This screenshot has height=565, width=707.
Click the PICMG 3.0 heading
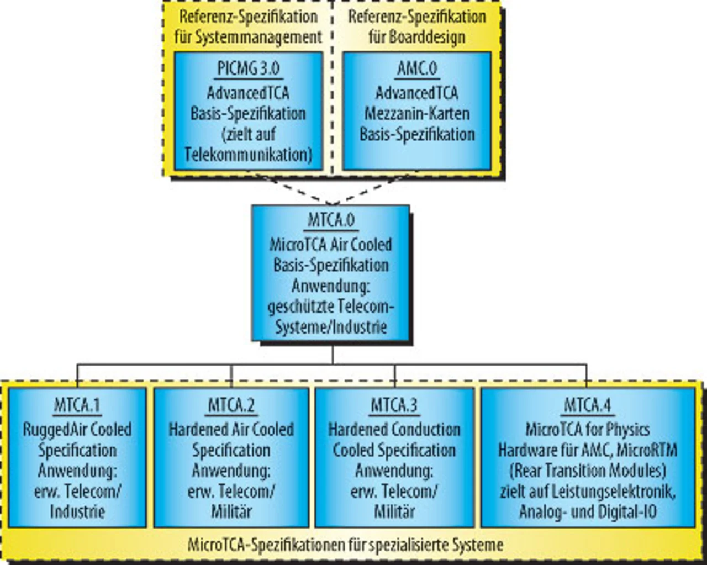pos(248,69)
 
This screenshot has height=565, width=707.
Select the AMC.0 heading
pos(417,69)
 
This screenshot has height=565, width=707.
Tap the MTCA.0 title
pos(331,220)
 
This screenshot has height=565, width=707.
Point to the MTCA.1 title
pos(77,406)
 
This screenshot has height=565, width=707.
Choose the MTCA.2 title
pos(231,406)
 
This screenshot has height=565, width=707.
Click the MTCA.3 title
pos(394,406)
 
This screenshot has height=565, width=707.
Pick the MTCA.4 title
pos(588,406)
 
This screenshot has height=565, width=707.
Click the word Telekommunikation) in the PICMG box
pos(248,155)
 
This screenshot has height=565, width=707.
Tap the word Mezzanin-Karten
pos(417,114)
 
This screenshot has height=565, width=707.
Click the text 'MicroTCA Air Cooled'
pos(331,245)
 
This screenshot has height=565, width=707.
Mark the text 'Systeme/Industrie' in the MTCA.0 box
pos(331,327)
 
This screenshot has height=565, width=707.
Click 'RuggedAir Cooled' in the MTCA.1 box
pos(77,430)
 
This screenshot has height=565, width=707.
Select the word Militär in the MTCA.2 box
pos(231,511)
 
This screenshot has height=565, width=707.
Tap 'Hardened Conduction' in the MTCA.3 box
pos(394,430)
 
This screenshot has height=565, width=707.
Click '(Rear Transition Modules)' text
pos(588,471)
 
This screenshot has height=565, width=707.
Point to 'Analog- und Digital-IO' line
pos(588,511)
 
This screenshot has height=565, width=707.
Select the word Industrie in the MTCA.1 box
pos(77,511)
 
